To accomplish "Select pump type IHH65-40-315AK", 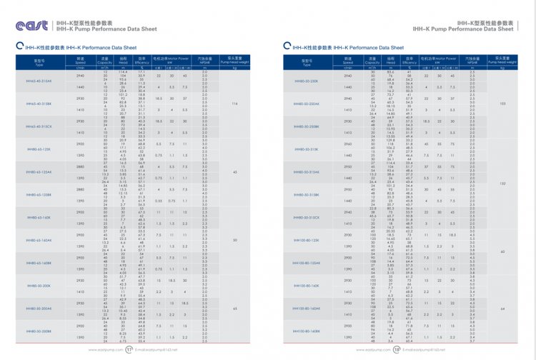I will [x=39, y=81].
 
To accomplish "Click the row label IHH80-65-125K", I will [x=39, y=149].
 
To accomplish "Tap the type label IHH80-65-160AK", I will [x=39, y=240].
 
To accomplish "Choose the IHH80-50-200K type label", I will [x=39, y=286].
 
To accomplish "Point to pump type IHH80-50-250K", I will [x=304, y=81].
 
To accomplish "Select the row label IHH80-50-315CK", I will [x=304, y=218].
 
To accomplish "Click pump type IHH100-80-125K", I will [x=304, y=241].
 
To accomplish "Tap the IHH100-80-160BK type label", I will [x=305, y=331].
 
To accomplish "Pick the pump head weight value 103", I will [x=502, y=104].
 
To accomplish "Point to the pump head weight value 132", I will [x=502, y=184].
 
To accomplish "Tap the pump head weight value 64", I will [x=502, y=308].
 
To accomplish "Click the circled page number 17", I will [x=129, y=351].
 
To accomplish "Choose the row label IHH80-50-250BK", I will [x=304, y=126].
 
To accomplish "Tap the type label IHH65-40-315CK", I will [x=39, y=126].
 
